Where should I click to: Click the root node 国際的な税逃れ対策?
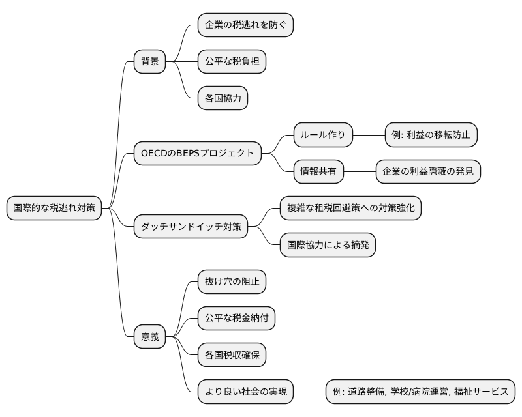pos(54,208)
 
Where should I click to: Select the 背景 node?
pos(149,62)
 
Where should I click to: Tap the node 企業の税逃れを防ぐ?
pos(245,25)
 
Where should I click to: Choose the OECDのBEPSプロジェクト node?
pos(197,153)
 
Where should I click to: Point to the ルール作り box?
pos(324,135)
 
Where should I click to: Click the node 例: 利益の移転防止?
pos(432,135)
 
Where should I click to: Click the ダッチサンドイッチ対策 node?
pos(191,226)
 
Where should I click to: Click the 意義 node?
pos(149,337)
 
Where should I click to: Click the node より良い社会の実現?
pos(245,392)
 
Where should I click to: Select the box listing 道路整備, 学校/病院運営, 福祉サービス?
pos(420,392)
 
